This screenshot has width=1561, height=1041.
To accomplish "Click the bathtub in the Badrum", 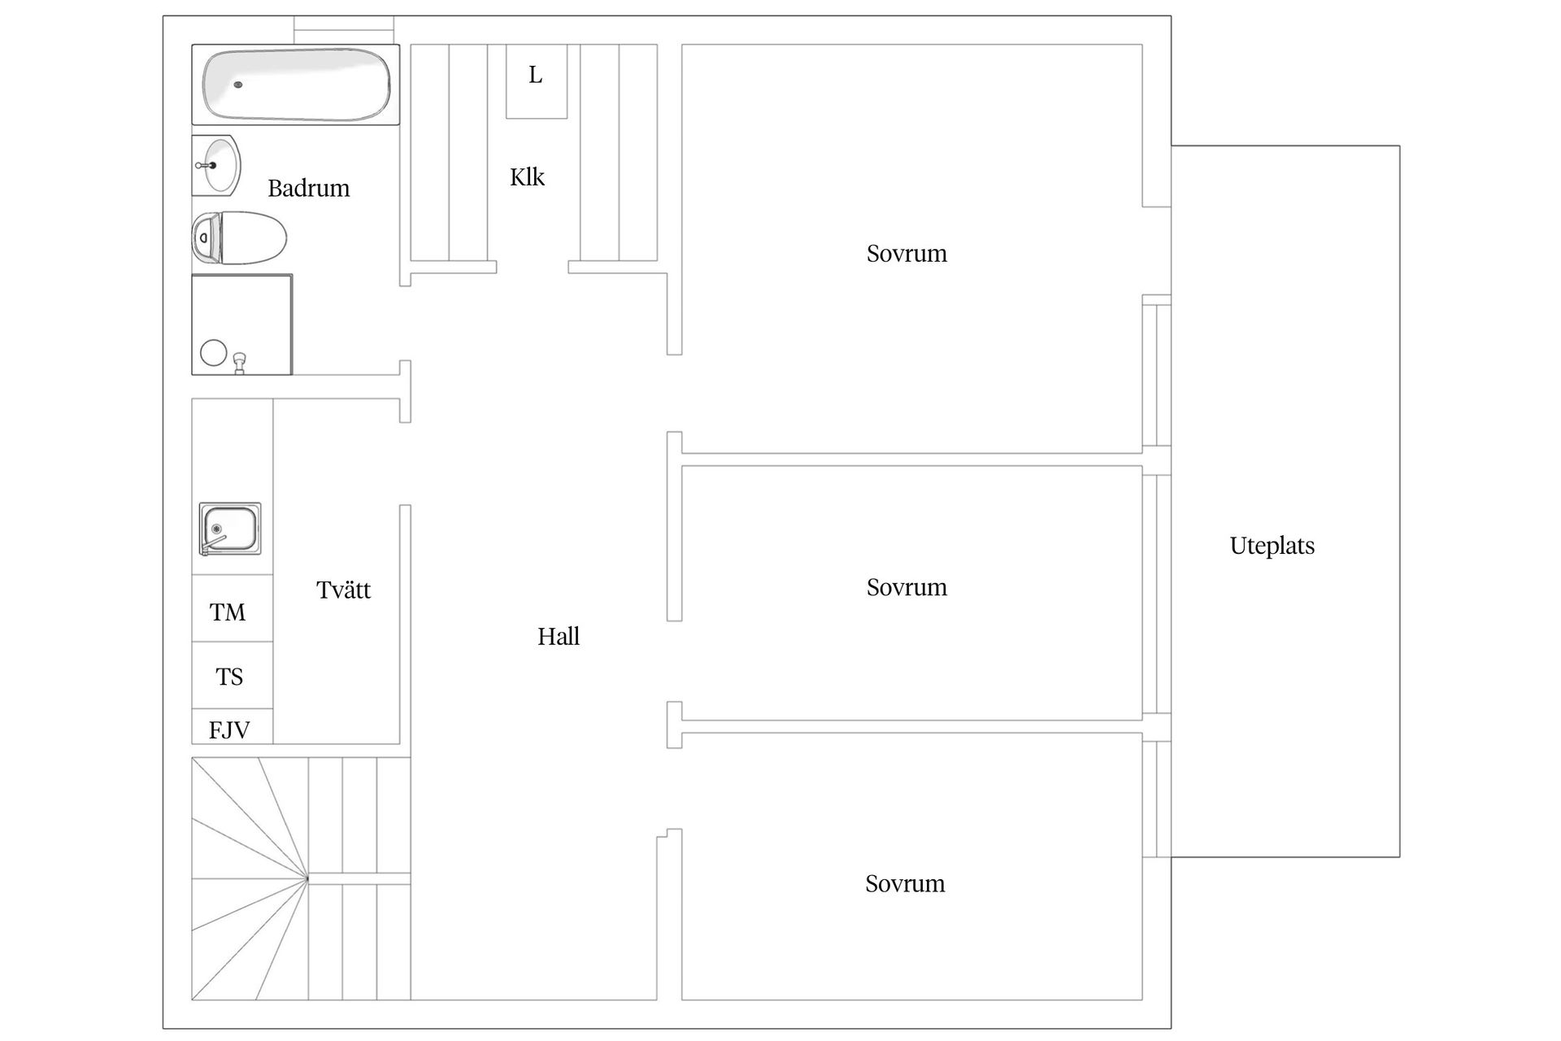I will tap(296, 85).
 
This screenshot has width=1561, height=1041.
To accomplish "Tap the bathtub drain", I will tap(238, 85).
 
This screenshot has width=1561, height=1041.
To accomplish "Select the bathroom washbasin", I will tap(218, 165).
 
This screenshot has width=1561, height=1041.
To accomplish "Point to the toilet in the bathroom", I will tap(240, 238).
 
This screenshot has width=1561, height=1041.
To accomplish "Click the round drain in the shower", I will tap(214, 353).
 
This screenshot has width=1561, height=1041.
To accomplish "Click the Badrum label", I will tap(308, 189).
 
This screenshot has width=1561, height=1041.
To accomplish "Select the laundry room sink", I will tap(230, 529).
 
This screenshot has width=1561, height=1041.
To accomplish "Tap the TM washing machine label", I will tap(228, 612).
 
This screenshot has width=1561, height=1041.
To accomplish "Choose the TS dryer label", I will tap(229, 677).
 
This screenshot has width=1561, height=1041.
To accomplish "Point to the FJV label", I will tap(229, 730).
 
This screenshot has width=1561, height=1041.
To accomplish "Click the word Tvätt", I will tap(343, 590).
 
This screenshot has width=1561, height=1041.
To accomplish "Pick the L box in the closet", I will tap(536, 76).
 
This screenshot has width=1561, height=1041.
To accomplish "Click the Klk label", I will tap(527, 177).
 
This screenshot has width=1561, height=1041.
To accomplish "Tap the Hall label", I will tap(559, 637).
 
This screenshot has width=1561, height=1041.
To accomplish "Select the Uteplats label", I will tap(1272, 546).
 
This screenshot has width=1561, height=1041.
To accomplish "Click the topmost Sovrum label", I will tap(907, 254).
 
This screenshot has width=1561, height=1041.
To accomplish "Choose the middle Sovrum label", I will tap(907, 587).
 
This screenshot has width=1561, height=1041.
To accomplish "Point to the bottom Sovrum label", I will tap(905, 884).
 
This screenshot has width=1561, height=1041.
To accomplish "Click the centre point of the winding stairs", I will tap(308, 879).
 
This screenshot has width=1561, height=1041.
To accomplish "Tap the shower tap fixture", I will tap(239, 361).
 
